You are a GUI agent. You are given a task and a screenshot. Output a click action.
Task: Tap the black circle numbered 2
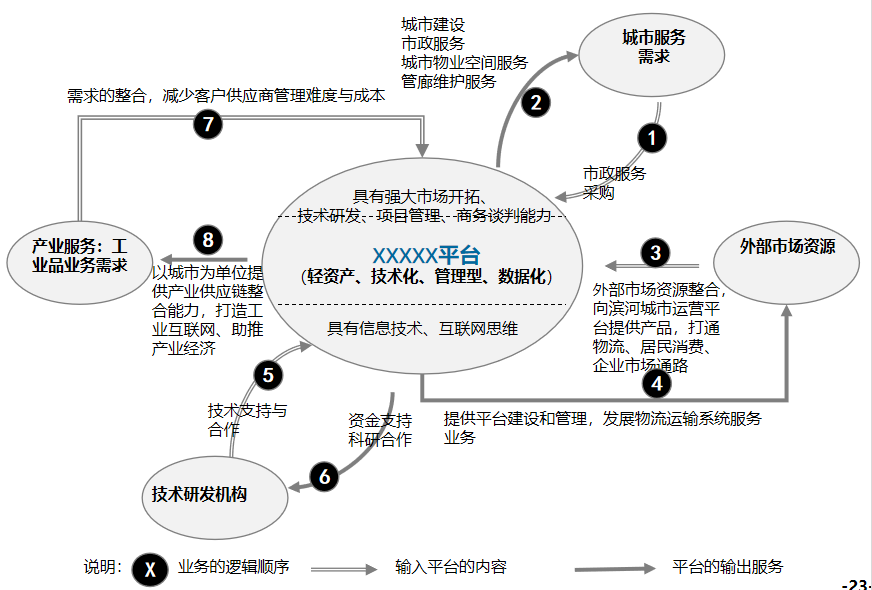click(536, 101)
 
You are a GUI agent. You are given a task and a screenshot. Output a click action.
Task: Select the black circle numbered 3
click(655, 252)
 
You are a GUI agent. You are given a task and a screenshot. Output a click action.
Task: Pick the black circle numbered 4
click(656, 381)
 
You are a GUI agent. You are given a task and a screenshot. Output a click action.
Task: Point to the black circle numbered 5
click(268, 375)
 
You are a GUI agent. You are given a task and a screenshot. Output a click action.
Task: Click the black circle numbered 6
click(324, 477)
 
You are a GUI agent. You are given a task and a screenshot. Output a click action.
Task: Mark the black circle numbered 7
click(208, 125)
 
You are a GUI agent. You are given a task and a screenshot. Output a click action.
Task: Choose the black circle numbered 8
click(208, 239)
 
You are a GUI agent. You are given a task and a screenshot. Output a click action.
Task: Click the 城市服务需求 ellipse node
click(653, 47)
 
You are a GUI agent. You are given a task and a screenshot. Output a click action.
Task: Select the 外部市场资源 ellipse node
click(787, 246)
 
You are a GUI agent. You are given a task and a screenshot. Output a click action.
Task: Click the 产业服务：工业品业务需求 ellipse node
click(79, 255)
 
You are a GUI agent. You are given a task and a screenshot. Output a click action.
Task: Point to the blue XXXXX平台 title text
click(426, 254)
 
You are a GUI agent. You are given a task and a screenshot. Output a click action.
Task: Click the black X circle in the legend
click(150, 569)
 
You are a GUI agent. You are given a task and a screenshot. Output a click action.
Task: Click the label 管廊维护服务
click(448, 82)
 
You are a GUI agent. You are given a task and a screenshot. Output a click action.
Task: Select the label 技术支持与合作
click(247, 419)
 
